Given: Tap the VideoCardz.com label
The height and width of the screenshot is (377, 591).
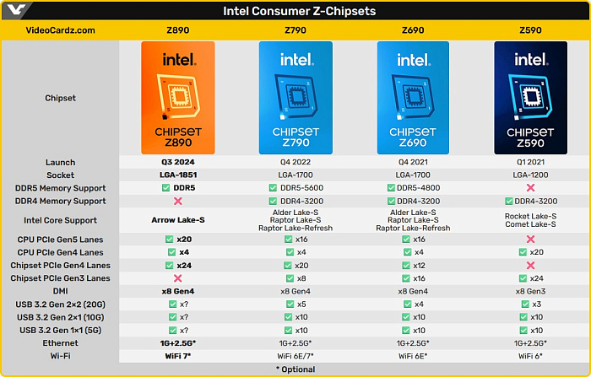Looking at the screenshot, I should (x=60, y=30).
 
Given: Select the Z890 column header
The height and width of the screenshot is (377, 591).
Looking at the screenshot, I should (x=179, y=30).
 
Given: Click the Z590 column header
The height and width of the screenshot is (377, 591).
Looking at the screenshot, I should (x=530, y=30).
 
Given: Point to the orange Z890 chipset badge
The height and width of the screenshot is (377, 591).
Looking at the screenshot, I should (x=179, y=97).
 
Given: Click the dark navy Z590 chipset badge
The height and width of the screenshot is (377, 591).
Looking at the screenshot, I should (x=530, y=97).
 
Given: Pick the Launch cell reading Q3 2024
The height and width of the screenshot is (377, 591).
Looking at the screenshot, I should (x=179, y=163).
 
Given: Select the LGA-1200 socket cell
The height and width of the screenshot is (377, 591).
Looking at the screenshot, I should (x=530, y=175).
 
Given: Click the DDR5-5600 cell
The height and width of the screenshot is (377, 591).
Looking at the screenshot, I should (x=295, y=188).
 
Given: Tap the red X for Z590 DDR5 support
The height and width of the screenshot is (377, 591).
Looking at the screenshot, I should (x=530, y=188).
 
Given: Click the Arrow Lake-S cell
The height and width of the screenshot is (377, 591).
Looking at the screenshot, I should (x=179, y=220).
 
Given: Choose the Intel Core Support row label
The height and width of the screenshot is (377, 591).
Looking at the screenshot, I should (x=60, y=220).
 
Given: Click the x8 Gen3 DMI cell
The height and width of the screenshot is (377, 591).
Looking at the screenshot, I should (x=530, y=291).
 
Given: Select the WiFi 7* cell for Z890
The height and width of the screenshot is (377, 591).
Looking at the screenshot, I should (x=179, y=356).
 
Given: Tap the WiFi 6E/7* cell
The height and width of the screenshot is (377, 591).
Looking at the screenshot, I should (x=295, y=356).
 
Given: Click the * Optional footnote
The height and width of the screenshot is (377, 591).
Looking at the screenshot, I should (x=295, y=369).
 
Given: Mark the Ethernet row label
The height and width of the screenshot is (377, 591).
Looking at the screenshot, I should (x=60, y=343).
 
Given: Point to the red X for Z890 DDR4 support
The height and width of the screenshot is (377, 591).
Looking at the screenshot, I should (x=179, y=201).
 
